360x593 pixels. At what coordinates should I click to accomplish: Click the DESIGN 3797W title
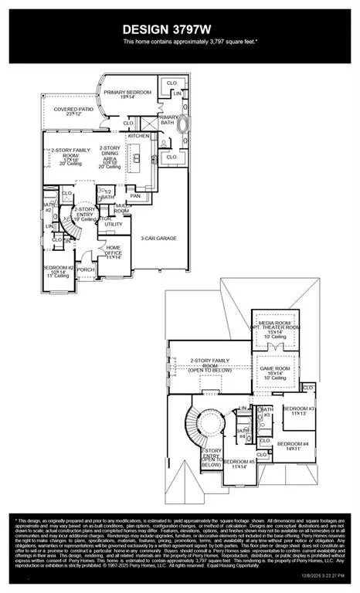point(179,29)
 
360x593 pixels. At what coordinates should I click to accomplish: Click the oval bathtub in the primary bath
point(185,124)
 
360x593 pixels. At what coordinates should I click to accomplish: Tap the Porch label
point(86,270)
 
